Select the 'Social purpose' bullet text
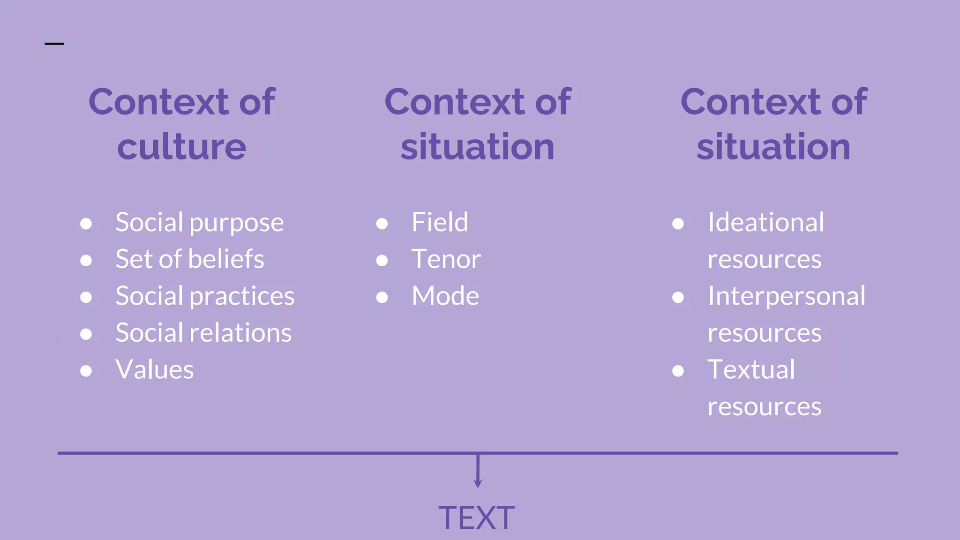(199, 223)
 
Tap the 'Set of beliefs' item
(189, 259)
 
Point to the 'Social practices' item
(205, 296)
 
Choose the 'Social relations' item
(203, 333)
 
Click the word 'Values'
(154, 370)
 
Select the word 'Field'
(440, 222)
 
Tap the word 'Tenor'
(446, 259)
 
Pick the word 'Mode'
(445, 296)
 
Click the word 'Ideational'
(765, 222)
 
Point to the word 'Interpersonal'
(786, 296)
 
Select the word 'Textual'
(751, 370)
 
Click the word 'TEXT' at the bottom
(476, 518)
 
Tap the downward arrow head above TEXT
(478, 484)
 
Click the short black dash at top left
(54, 44)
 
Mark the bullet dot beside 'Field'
(382, 224)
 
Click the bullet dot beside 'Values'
(86, 371)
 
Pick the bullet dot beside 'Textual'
(678, 371)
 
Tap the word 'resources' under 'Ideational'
(764, 259)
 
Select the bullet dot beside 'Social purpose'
(86, 224)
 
